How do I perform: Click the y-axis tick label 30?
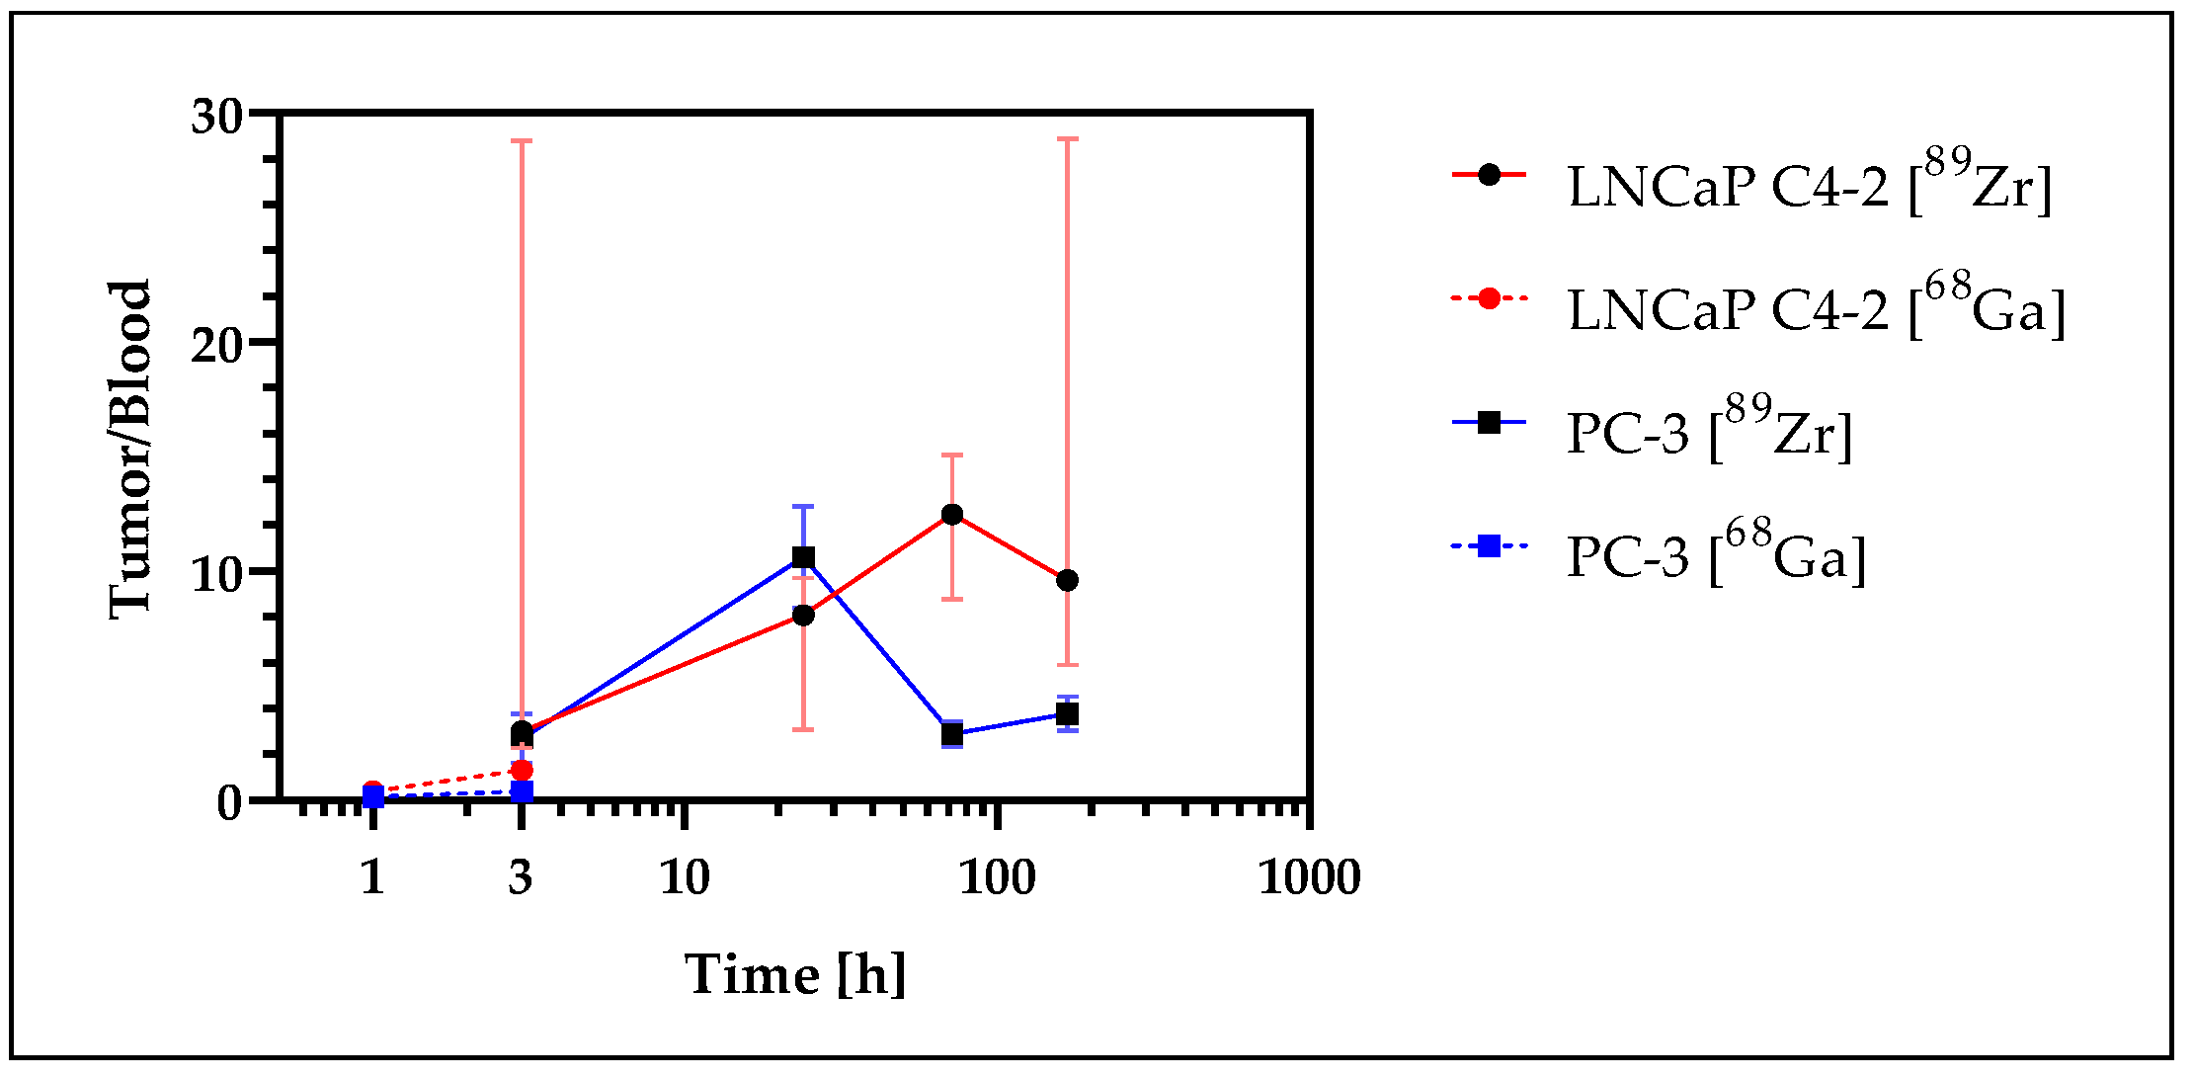coord(217,118)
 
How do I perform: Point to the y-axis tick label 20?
coord(217,345)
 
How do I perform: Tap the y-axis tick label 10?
coord(217,574)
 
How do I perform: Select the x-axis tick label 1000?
coord(1309,877)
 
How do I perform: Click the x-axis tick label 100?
coord(997,877)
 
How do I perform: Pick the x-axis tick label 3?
coord(521,877)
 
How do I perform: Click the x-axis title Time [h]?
coord(795,975)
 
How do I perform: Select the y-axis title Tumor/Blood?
coord(130,451)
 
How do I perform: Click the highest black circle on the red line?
coord(952,515)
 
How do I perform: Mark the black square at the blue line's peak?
coord(803,558)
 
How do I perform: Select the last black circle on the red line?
coord(1067,580)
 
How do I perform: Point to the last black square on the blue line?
coord(1067,714)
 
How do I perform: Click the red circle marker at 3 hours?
coord(522,770)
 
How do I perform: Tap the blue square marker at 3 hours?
coord(522,790)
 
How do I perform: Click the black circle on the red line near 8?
coord(803,616)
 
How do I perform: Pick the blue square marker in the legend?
coord(1489,545)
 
